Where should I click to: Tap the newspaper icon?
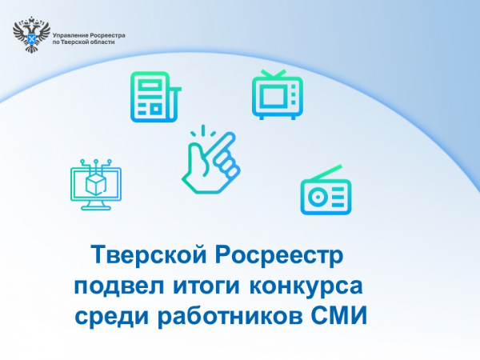pos(152,95)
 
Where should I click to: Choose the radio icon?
pos(326,193)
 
